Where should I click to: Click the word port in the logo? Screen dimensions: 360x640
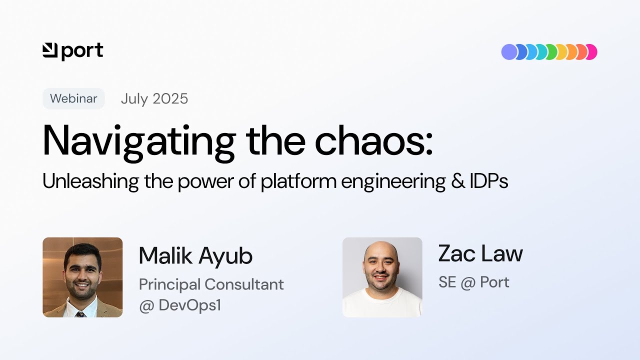coord(82,51)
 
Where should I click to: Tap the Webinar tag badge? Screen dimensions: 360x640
coord(73,98)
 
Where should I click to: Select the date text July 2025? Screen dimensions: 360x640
coord(154,98)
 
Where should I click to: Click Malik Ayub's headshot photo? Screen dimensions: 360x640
coord(82,277)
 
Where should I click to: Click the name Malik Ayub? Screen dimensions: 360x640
coord(195,255)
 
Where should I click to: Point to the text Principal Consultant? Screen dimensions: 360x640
coord(211,284)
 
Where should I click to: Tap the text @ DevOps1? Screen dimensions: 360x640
coord(180,305)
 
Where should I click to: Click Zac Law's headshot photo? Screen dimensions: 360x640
coord(382,277)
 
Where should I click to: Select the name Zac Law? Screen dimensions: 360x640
coord(480,253)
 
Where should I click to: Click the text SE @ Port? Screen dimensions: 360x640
coord(473,282)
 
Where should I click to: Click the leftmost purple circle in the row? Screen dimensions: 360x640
coord(509,52)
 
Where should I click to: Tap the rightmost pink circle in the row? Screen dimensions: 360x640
coord(592,52)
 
